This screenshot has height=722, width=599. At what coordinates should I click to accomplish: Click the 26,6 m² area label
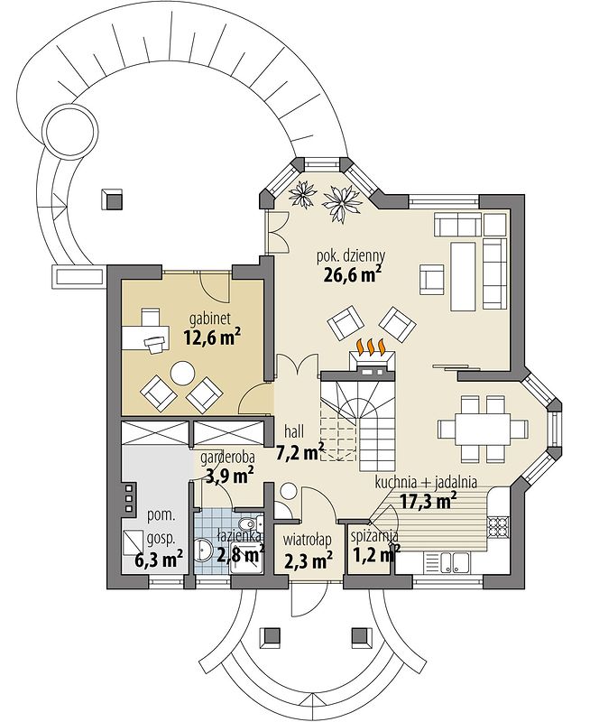point(353,275)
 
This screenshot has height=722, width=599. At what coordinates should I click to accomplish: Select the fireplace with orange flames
point(371,355)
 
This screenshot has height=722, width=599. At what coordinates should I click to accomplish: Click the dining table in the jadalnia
point(483,429)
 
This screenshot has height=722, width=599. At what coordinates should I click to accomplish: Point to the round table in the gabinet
point(184,374)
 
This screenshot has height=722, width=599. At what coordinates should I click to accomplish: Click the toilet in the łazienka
point(249,523)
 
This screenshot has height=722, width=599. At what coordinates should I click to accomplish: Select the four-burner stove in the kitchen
point(498,526)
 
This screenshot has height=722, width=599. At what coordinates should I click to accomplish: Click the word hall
point(294,431)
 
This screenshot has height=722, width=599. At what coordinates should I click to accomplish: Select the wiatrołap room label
point(308,538)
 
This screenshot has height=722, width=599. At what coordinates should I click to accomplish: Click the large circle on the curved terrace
point(71,125)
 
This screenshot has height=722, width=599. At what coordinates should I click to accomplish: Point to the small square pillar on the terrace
point(112,198)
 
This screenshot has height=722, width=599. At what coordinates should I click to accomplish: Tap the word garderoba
point(228,458)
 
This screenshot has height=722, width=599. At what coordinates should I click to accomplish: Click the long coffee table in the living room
point(463,277)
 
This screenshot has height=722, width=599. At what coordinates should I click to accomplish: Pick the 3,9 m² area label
point(229,477)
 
